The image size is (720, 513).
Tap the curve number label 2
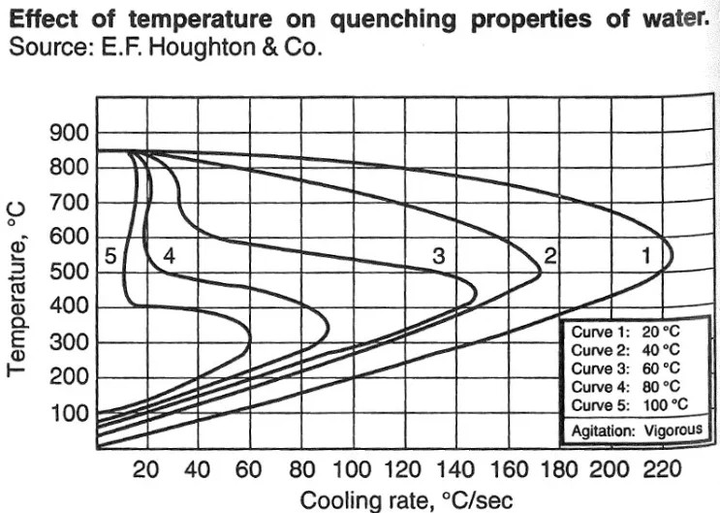pos(549,257)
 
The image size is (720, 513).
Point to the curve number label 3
pos(438,257)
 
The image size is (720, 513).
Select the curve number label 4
pos(169,257)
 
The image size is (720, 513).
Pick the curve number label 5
pos(110,257)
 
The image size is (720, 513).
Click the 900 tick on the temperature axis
pos(69,133)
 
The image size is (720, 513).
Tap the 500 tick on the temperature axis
pos(69,273)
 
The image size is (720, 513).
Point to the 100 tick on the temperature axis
pos(69,414)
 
